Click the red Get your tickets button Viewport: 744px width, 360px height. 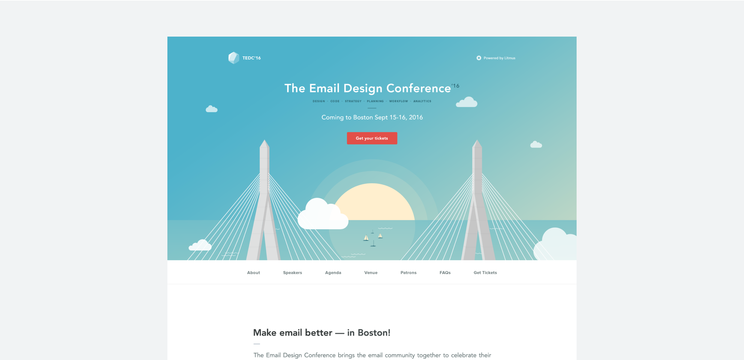click(372, 138)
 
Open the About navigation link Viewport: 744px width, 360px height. click(253, 273)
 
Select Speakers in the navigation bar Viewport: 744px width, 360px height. click(292, 273)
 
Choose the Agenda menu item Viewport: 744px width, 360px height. click(333, 273)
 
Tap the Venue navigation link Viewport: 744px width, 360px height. click(371, 273)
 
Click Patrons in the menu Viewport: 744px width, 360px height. click(408, 273)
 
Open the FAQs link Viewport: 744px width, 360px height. click(445, 273)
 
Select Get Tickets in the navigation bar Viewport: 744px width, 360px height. click(485, 273)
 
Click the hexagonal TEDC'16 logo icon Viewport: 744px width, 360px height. click(234, 58)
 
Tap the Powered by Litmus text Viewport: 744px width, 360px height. click(499, 58)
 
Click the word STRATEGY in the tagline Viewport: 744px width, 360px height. click(353, 101)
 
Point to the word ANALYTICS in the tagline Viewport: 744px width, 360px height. click(422, 101)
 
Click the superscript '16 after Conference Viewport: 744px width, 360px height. click(455, 86)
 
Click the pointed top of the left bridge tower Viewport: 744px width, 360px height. click(264, 140)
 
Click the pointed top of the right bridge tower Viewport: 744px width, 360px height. click(477, 140)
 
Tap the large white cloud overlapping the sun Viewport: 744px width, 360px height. click(323, 214)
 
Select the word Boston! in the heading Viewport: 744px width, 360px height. click(374, 333)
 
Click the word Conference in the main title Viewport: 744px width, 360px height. click(418, 88)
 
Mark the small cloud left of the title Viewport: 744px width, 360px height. click(211, 109)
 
